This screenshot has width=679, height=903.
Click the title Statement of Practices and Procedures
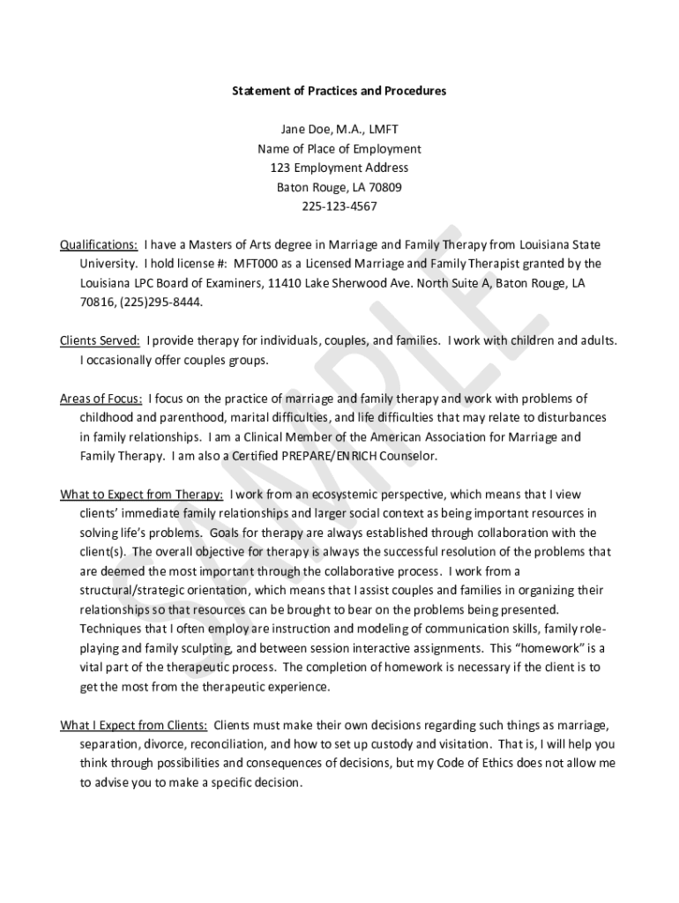[x=339, y=91]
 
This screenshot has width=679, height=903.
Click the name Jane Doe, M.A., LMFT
[x=339, y=130]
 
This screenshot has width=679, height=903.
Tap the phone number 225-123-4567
[x=339, y=206]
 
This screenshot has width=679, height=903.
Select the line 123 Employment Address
[x=339, y=168]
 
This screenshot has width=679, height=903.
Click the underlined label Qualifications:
[x=98, y=244]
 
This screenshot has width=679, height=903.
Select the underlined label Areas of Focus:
[x=101, y=399]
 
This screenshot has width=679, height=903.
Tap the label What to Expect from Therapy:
[x=141, y=495]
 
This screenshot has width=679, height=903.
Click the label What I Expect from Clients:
[x=134, y=725]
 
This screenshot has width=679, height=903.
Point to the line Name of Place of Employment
[x=339, y=149]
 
